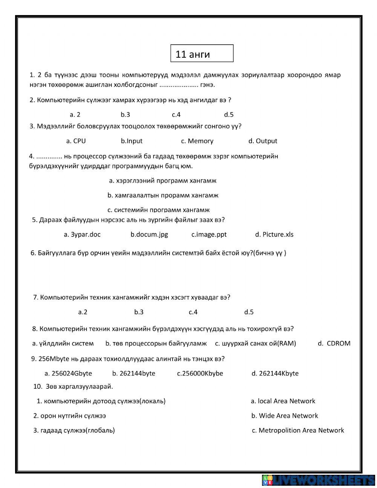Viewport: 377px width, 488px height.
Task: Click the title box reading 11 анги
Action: coord(202,54)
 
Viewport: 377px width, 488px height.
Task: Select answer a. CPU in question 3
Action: coord(76,141)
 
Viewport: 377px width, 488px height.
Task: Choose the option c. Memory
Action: coord(197,141)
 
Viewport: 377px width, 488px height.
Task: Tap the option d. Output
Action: coord(262,141)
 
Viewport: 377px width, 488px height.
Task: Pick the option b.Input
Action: coord(132,141)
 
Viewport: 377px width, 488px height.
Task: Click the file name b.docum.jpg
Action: coord(149,235)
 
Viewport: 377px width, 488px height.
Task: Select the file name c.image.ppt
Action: coord(209,235)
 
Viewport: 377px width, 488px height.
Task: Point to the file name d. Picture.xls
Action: coord(274,235)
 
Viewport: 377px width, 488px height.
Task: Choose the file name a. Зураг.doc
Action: coord(82,235)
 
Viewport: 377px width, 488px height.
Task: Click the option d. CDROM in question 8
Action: coord(334,343)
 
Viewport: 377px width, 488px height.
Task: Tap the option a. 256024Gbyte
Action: coord(68,373)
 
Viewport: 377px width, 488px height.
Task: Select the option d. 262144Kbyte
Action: coord(275,373)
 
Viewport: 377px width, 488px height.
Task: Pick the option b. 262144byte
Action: coord(133,373)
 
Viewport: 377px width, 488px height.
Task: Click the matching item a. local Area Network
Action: coord(283,401)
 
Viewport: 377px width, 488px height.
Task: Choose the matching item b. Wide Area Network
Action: coord(285,416)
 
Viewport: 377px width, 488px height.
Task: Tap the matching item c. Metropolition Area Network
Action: coord(298,430)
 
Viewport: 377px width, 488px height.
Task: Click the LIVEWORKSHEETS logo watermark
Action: coord(318,480)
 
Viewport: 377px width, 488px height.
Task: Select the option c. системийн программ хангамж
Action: coord(158,210)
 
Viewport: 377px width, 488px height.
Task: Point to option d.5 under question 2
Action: coord(229,115)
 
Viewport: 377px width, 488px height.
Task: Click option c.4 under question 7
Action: coord(193,312)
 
